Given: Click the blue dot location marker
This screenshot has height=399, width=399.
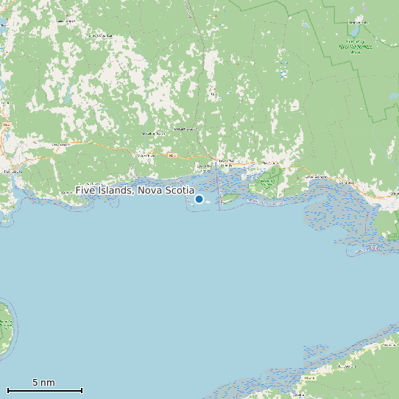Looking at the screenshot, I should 199,199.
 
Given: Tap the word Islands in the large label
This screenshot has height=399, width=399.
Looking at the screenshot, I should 115,191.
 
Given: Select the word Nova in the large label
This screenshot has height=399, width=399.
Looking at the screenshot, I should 150,191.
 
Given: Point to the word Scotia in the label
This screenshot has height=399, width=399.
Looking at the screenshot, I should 179,191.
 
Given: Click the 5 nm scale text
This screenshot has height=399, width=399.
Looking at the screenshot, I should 43,383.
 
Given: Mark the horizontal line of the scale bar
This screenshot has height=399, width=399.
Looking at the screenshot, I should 44,390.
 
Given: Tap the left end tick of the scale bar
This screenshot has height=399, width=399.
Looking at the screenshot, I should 8,390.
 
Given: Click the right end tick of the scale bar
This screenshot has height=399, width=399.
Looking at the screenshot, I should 82,390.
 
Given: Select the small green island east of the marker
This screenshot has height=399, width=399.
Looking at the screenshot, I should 230,197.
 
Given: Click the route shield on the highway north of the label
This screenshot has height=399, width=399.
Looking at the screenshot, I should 173,155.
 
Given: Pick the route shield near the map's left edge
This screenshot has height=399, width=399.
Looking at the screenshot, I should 7,125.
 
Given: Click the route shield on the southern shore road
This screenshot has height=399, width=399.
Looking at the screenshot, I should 308,377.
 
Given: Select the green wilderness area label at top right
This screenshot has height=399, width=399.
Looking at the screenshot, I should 356,46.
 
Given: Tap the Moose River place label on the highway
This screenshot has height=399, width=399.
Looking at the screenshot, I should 146,155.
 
